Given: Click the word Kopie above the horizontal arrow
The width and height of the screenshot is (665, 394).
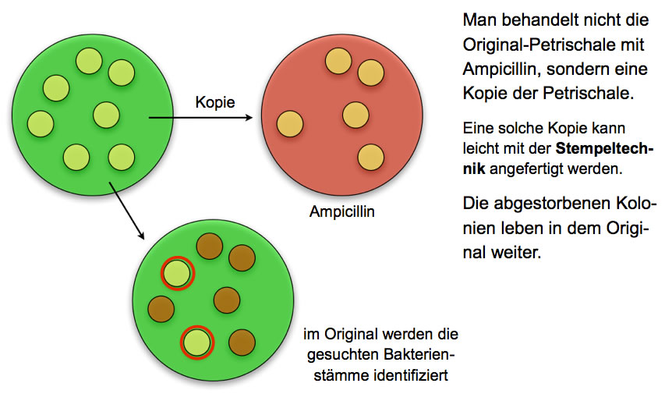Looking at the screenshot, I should [214, 102].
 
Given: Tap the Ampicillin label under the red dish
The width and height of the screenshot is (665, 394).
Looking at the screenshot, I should [341, 211].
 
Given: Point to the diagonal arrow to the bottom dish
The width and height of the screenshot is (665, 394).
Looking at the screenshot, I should [127, 208].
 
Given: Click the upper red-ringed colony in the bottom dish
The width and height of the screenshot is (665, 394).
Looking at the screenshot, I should [177, 274].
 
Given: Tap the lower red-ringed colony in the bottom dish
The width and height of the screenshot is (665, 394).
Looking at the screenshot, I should [197, 342].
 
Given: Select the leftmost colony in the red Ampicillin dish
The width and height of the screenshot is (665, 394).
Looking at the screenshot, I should [290, 124].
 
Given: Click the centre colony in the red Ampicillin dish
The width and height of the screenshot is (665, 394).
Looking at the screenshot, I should [355, 115].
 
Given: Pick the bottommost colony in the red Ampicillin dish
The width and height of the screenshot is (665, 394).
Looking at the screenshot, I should [370, 157].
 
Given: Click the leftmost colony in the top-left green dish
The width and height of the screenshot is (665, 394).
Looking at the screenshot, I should [40, 123].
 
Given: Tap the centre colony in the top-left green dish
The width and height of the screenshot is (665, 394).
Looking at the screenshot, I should [106, 115].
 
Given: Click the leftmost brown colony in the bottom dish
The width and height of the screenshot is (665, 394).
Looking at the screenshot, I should [161, 307].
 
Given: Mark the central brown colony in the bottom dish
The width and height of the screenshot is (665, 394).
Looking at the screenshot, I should [226, 299].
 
